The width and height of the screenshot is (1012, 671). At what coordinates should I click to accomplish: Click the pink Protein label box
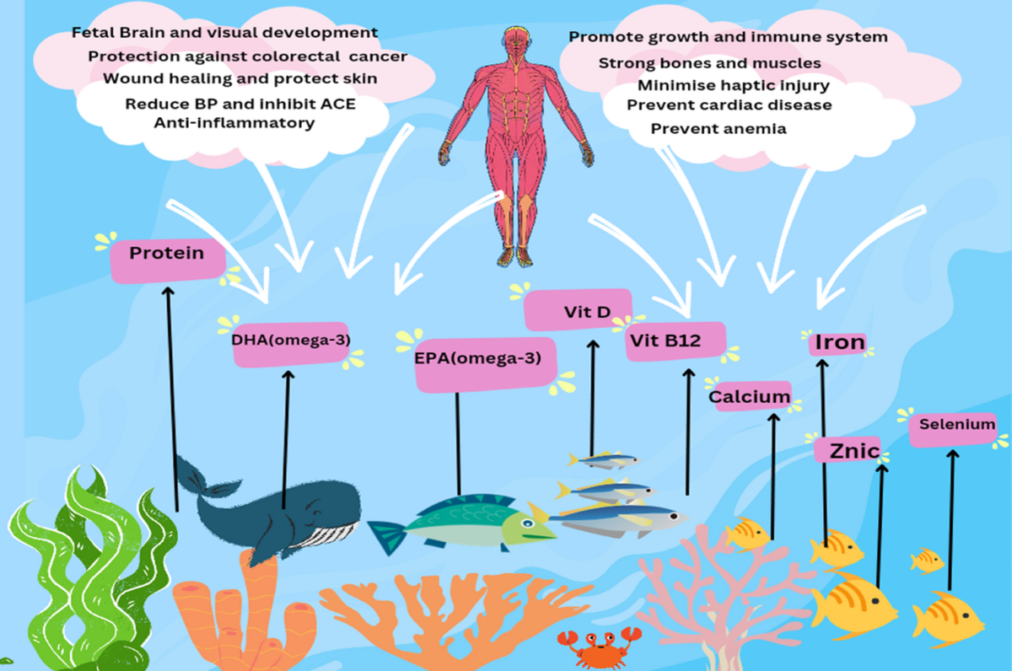point(168,260)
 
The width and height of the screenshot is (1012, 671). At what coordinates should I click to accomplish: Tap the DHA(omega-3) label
point(292,344)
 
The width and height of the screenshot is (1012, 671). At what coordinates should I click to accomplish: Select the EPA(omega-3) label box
point(485,364)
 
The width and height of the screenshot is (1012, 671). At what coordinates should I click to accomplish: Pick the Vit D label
point(578,309)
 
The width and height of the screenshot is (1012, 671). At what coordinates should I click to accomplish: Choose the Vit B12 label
point(676,341)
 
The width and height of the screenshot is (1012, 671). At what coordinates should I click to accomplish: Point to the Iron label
point(839,343)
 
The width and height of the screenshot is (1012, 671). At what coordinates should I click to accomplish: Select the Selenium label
point(953,429)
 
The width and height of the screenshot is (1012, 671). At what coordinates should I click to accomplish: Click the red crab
point(599,648)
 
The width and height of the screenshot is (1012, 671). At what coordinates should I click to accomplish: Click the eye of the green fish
point(527,523)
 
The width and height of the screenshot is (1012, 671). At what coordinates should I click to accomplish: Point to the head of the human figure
point(516,40)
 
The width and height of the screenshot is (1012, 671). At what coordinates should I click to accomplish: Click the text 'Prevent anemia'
point(719,129)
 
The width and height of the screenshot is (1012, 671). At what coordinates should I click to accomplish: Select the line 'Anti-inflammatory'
point(234,123)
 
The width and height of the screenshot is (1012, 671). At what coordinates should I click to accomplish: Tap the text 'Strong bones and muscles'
point(710,62)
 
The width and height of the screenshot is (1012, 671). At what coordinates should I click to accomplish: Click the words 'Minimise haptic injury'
point(733,85)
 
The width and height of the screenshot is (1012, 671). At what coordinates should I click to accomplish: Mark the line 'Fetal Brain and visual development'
point(224,33)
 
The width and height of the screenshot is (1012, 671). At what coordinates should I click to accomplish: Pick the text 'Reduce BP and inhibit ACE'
point(240,104)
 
